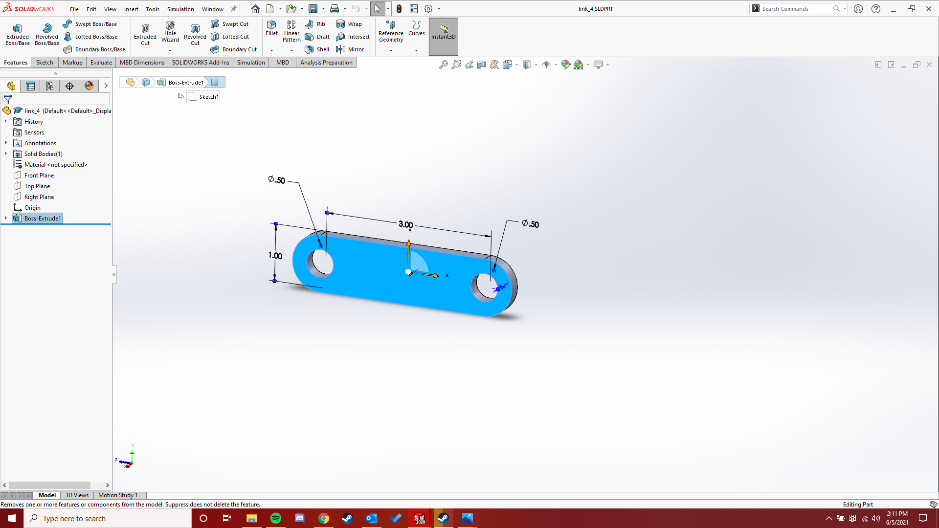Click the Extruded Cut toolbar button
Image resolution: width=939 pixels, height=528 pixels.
click(145, 33)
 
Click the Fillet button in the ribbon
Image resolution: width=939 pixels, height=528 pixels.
click(271, 28)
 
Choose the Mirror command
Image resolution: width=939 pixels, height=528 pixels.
click(350, 49)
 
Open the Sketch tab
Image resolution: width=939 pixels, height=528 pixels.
click(45, 63)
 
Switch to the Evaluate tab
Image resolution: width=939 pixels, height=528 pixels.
click(101, 63)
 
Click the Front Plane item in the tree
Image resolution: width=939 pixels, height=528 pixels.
click(39, 176)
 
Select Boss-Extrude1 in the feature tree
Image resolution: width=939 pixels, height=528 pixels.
click(43, 219)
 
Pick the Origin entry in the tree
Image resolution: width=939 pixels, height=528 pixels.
click(32, 208)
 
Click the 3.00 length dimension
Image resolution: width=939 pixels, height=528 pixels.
click(405, 224)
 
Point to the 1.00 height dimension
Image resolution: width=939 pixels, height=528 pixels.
click(275, 255)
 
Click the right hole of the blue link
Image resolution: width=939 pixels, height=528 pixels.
click(486, 286)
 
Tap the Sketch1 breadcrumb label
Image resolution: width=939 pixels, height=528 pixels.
click(209, 97)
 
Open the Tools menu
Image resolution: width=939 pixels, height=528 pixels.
click(153, 9)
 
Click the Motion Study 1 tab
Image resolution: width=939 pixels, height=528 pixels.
click(118, 495)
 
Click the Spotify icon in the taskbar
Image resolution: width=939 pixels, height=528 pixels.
click(276, 518)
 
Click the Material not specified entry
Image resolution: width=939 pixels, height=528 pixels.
click(56, 165)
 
